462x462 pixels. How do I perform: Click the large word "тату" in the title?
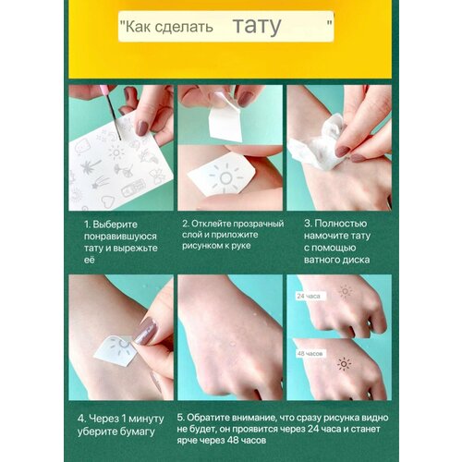tap(257, 26)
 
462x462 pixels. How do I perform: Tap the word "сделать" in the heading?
tap(184, 27)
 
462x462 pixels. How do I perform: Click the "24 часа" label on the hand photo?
tap(309, 297)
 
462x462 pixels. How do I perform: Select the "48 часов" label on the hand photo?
tap(310, 354)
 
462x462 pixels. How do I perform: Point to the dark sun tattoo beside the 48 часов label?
tap(344, 364)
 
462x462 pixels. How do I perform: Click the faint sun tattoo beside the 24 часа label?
tap(346, 291)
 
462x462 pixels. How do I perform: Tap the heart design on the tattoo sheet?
tap(108, 201)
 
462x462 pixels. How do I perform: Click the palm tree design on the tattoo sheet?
tap(90, 167)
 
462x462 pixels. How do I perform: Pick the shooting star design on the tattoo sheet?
tap(100, 182)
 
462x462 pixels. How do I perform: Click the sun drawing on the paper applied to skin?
tap(225, 178)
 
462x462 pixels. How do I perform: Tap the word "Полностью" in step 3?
tap(341, 224)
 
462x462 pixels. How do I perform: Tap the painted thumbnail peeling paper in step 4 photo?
tap(146, 331)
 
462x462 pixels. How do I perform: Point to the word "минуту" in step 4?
tap(146, 419)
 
